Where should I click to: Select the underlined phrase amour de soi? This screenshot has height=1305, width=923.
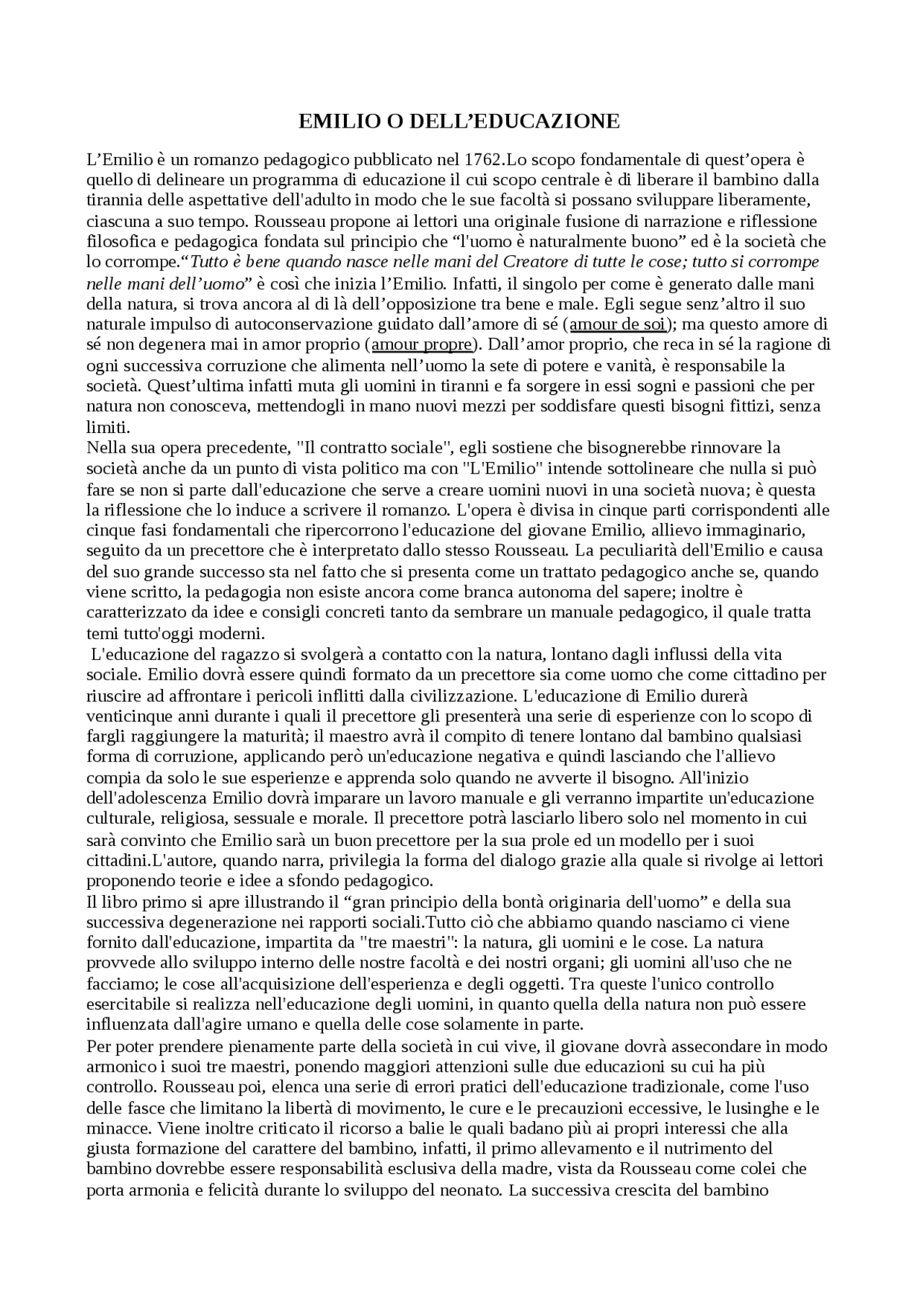point(617,324)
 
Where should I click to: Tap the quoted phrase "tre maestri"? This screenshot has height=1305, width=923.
point(407,943)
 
